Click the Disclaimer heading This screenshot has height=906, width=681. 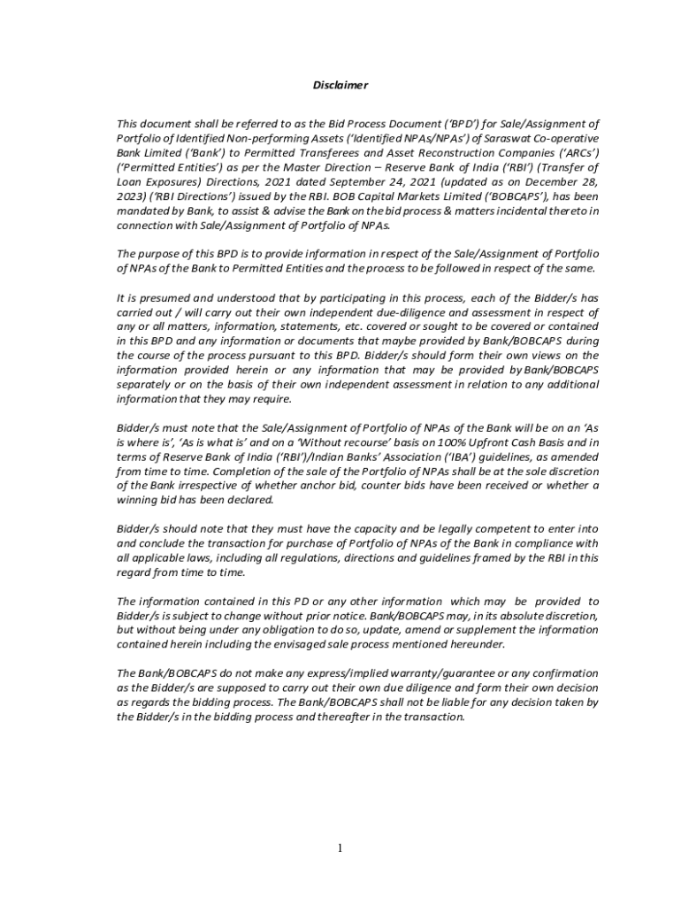340,85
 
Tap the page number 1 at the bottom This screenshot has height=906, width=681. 340,848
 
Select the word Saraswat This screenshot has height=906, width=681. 507,138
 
